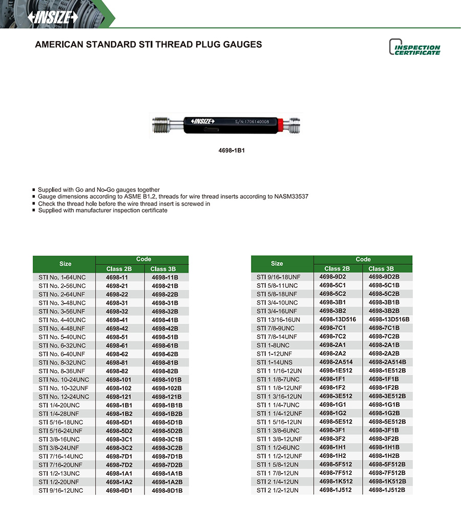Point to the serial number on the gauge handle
(252, 122)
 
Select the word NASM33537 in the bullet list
(289, 197)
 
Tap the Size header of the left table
(65, 264)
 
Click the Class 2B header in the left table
(119, 269)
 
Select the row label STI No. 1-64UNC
(62, 277)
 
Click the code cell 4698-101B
(166, 379)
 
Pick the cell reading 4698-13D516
(337, 320)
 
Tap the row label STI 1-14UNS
(275, 362)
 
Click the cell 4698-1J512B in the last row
(387, 490)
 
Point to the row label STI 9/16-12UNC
(60, 491)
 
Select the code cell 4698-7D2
(119, 465)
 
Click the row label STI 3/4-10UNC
(277, 303)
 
